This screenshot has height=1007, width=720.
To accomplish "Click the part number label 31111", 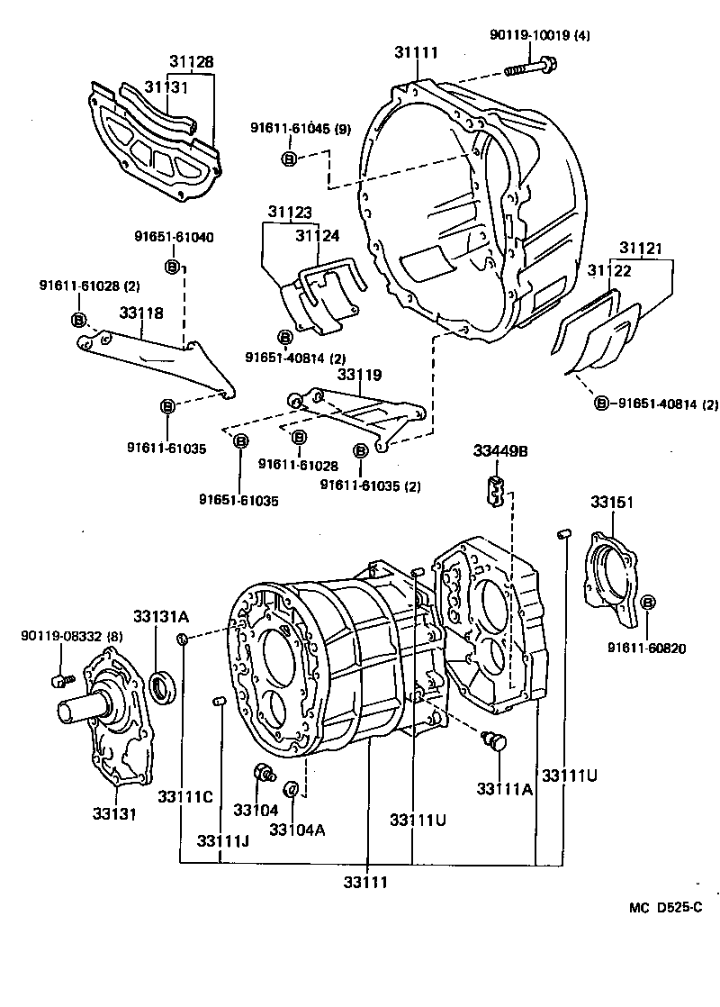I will [x=416, y=53].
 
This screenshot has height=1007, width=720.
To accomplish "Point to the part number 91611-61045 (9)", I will [x=301, y=129].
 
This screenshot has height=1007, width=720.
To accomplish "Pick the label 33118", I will [x=141, y=313].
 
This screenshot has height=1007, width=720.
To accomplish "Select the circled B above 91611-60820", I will [x=650, y=603].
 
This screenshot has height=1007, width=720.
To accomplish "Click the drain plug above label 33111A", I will [x=494, y=741].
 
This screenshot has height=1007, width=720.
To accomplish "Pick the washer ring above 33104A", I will [x=292, y=790].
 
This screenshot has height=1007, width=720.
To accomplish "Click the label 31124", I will [x=318, y=236].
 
